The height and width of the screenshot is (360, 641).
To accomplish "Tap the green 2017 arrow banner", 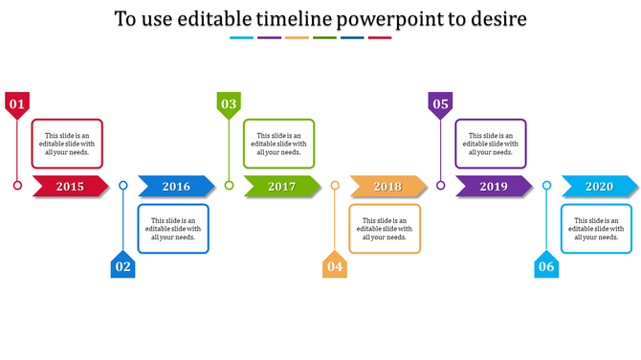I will click(281, 187).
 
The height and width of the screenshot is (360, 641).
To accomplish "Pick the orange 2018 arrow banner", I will click(387, 187).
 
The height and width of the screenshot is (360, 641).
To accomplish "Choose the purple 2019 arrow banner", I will click(494, 187).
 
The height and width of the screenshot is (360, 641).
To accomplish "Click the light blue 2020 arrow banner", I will click(599, 187).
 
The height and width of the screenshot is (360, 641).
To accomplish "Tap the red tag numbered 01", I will click(16, 103).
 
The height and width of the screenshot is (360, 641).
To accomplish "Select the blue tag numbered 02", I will click(122, 266).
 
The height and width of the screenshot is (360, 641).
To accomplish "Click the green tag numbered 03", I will click(229, 103).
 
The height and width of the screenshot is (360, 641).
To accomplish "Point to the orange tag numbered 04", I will click(334, 266).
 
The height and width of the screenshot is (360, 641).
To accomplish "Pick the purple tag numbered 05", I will click(440, 103).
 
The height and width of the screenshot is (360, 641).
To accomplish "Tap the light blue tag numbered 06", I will click(545, 266).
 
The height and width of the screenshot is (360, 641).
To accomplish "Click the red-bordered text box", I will click(67, 144).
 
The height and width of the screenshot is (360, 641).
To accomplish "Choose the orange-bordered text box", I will click(385, 229).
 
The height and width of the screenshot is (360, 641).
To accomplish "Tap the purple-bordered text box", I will click(491, 144).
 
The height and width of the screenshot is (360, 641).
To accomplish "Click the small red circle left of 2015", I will click(17, 186).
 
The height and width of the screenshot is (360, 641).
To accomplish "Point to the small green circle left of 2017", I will click(229, 186).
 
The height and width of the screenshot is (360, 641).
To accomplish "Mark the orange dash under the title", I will click(297, 38).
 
